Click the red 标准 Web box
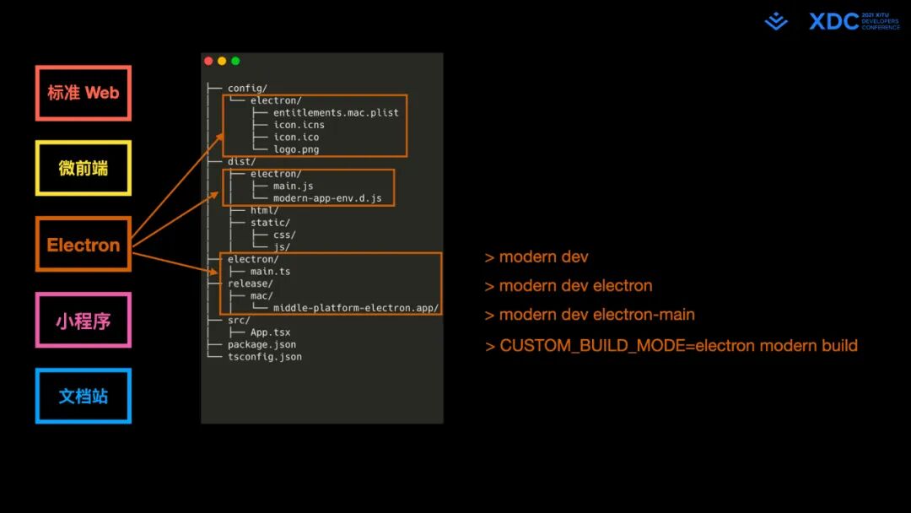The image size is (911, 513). pyautogui.click(x=83, y=93)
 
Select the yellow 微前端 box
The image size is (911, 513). pyautogui.click(x=83, y=168)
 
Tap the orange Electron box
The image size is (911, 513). pyautogui.click(x=83, y=246)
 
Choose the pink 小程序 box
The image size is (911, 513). pyautogui.click(x=83, y=321)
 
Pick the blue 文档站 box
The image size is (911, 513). pyautogui.click(x=83, y=395)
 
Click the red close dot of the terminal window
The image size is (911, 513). pyautogui.click(x=208, y=61)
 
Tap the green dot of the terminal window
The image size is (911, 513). pyautogui.click(x=235, y=61)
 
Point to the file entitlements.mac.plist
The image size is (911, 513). pyautogui.click(x=336, y=112)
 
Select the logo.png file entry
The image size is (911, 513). pyautogui.click(x=296, y=149)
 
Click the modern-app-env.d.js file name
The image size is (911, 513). pyautogui.click(x=327, y=198)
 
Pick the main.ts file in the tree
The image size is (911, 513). pyautogui.click(x=270, y=272)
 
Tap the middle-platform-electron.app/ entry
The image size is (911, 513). pyautogui.click(x=356, y=308)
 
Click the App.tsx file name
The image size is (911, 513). pyautogui.click(x=270, y=332)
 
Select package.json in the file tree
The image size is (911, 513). pyautogui.click(x=261, y=344)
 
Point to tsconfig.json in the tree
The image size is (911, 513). pyautogui.click(x=264, y=357)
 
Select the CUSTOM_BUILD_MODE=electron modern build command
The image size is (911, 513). pyautogui.click(x=671, y=345)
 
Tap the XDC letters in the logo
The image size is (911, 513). pyautogui.click(x=833, y=21)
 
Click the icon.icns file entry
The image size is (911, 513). pyautogui.click(x=299, y=125)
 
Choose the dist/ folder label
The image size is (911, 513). pyautogui.click(x=241, y=161)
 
